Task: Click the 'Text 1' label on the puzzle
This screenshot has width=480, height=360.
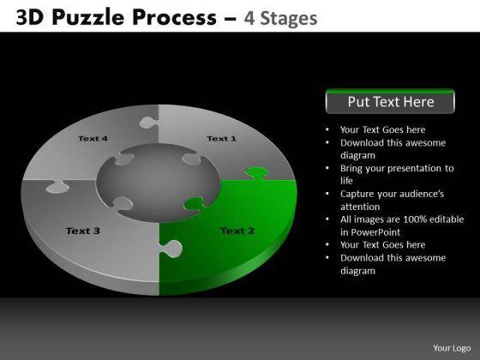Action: (222, 139)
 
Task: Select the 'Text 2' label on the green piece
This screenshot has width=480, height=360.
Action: (237, 231)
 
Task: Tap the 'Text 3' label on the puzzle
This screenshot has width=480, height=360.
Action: (83, 231)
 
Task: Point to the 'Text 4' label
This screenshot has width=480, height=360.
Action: (93, 139)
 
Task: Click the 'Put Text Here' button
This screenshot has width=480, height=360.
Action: (390, 101)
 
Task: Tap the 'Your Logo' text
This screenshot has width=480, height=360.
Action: (452, 348)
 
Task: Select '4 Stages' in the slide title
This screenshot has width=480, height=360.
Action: (280, 18)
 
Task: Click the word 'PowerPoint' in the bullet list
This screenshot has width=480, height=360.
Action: (375, 232)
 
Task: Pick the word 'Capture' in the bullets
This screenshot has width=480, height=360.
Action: (357, 194)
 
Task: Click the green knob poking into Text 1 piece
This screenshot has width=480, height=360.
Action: (256, 172)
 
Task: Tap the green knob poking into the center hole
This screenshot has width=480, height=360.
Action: (195, 204)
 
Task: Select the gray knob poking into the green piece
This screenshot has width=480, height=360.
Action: (171, 249)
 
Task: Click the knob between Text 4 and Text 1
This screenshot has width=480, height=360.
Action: (148, 123)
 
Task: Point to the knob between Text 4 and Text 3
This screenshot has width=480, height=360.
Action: (57, 187)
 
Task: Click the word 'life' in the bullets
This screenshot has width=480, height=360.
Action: (346, 181)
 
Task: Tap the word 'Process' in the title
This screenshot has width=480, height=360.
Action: (175, 17)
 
